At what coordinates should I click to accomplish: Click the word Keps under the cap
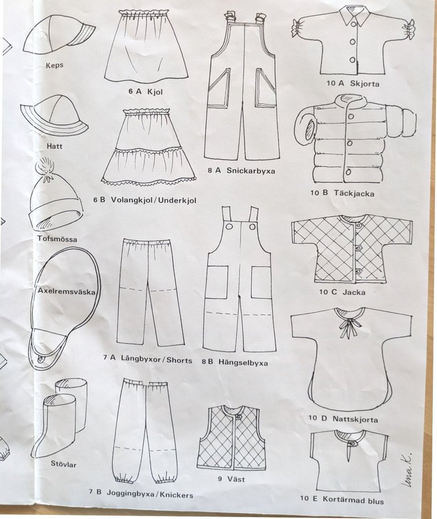click(x=55, y=65)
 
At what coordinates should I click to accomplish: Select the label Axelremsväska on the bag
click(x=66, y=292)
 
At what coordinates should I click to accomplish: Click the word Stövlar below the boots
click(x=63, y=464)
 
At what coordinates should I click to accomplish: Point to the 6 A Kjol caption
click(x=146, y=91)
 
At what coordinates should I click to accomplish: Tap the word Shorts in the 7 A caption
click(x=179, y=360)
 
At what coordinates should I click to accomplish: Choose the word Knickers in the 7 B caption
click(x=176, y=495)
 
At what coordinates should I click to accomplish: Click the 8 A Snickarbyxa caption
click(x=241, y=171)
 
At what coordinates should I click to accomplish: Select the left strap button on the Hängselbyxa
click(x=229, y=227)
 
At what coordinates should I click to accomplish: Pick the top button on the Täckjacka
click(x=351, y=116)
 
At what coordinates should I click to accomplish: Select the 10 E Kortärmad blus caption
click(x=342, y=499)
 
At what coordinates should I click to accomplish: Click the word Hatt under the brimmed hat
click(x=55, y=146)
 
